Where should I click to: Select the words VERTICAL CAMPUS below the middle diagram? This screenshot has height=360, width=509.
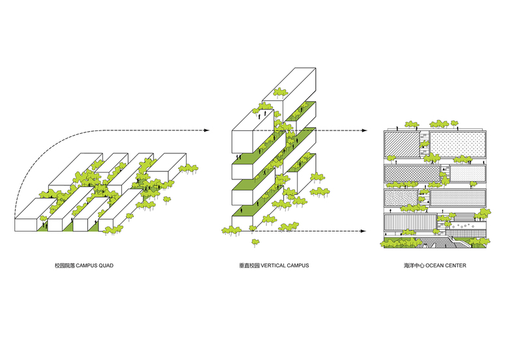(285, 266)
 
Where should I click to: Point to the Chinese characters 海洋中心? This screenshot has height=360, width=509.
(414, 266)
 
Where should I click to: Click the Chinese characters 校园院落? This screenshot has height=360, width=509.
(65, 266)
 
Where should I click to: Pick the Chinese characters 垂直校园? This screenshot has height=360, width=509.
(249, 266)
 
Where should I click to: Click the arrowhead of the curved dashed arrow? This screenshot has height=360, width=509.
(206, 130)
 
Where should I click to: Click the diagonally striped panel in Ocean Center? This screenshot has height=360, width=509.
(400, 145)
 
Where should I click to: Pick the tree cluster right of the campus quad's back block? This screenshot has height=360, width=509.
(189, 168)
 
